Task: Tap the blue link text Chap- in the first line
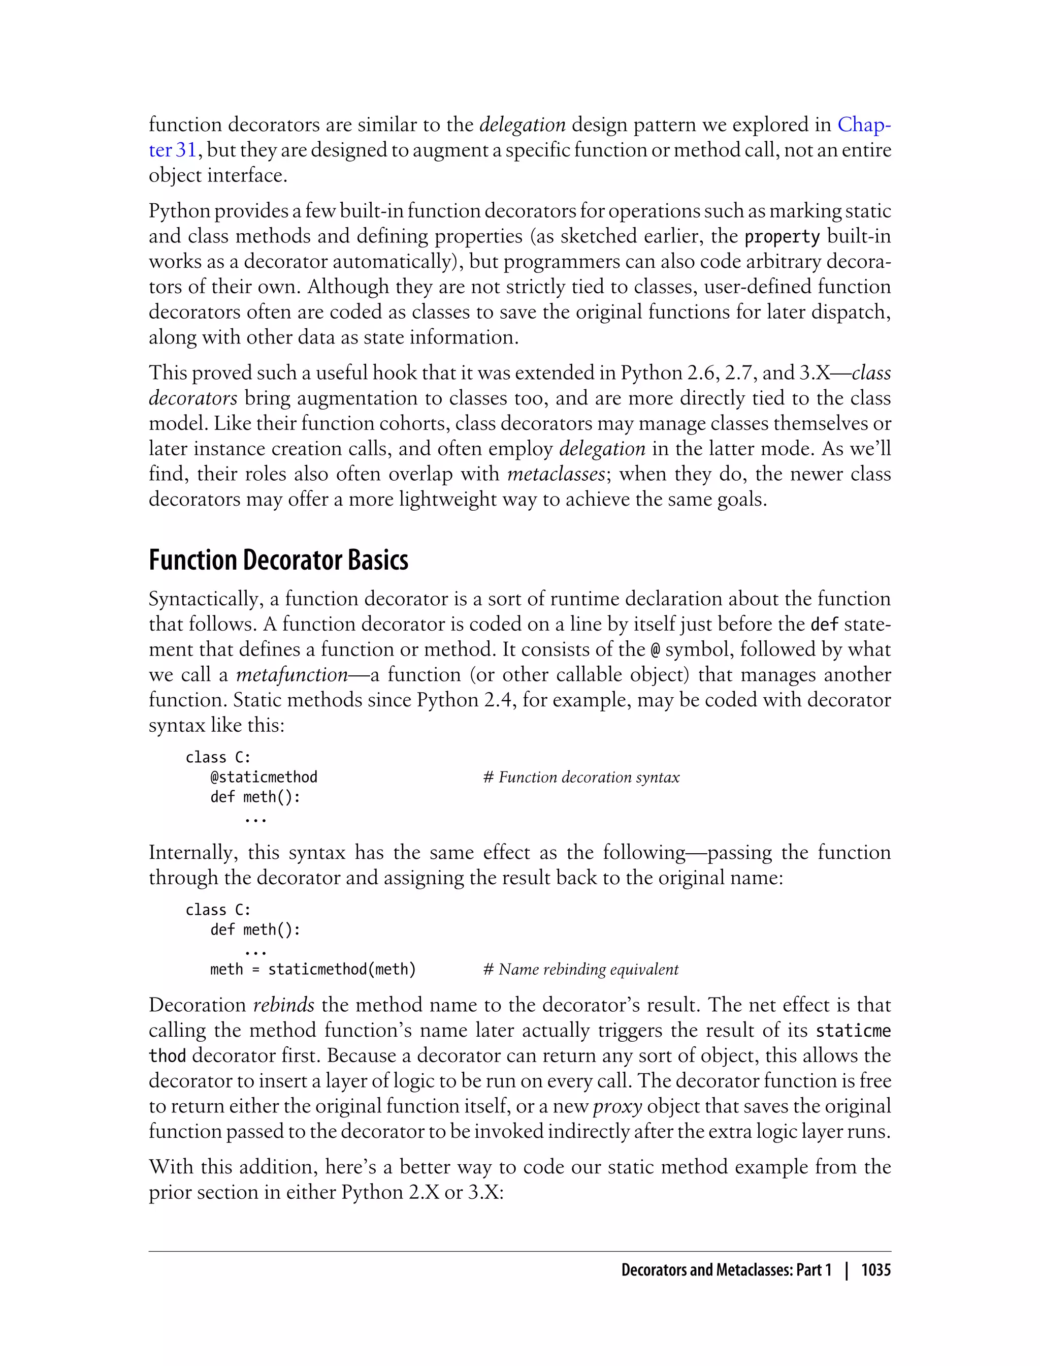point(864,125)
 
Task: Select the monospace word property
point(782,237)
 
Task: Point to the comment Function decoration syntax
point(581,777)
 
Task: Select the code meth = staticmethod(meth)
point(313,969)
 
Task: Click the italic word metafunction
point(291,675)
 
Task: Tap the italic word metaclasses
point(555,474)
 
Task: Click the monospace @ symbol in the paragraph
point(656,650)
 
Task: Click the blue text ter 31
point(172,150)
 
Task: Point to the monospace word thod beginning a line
point(167,1055)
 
